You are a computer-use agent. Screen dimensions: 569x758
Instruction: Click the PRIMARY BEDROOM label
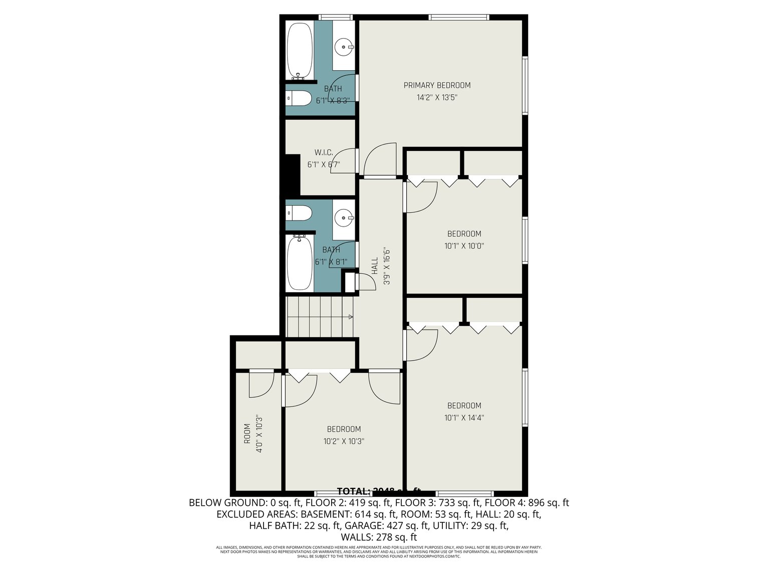437,85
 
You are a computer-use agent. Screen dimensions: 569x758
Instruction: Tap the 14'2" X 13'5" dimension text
437,98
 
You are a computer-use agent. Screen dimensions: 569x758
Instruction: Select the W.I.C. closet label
324,152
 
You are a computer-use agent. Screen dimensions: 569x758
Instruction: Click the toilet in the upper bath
299,98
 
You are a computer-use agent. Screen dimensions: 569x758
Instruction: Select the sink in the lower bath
344,218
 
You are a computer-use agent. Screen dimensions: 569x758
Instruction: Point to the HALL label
375,266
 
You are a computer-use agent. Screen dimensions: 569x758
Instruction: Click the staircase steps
319,317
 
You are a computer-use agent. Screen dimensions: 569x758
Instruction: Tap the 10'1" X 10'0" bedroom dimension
464,246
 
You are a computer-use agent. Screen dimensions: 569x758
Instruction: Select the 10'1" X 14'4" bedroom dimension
464,418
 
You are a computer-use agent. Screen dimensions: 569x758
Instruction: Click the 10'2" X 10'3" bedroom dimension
344,442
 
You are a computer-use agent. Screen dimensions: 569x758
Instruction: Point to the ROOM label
247,434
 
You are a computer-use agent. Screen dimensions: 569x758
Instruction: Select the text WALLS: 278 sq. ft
378,537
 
